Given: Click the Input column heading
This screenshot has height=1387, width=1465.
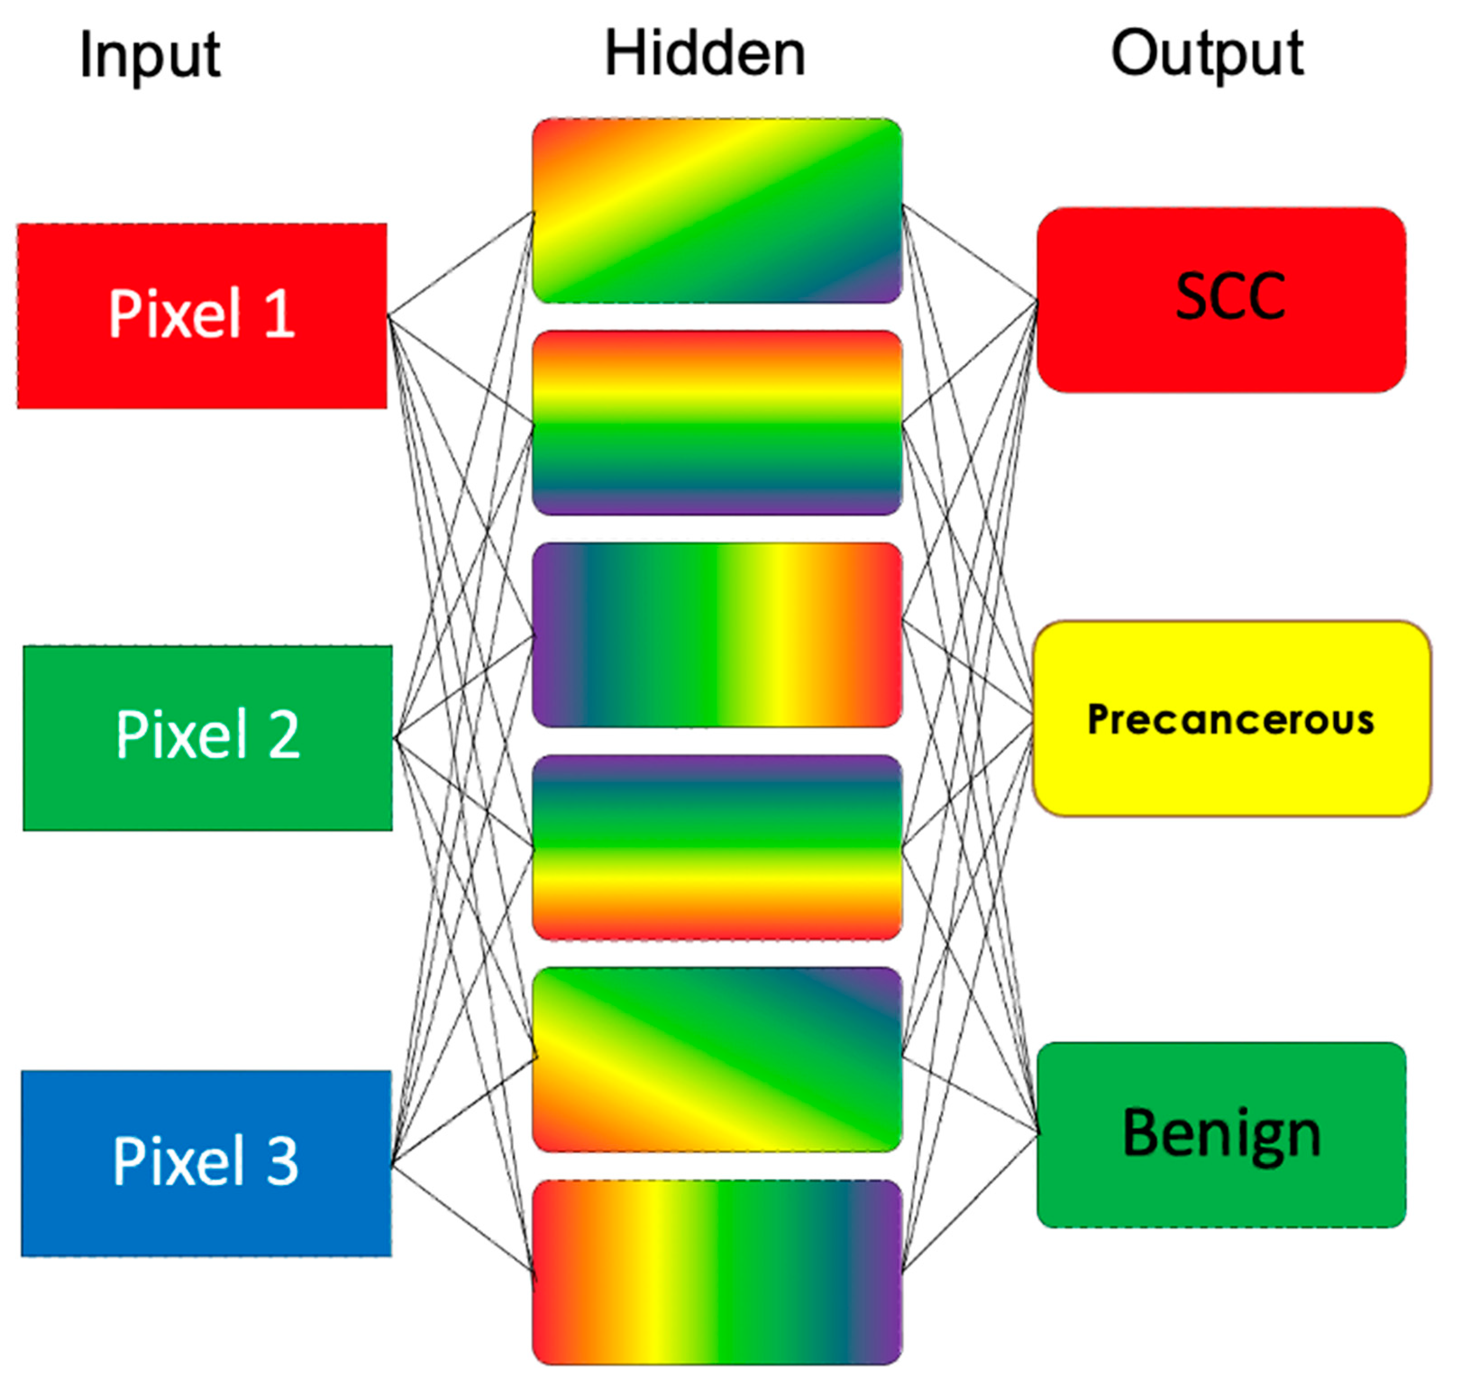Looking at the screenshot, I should pos(150,55).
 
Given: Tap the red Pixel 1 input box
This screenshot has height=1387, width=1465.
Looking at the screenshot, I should pos(202,316).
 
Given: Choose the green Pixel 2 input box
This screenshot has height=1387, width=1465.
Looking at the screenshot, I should pos(208,738).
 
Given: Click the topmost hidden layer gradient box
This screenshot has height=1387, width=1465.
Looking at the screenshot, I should pos(717,211).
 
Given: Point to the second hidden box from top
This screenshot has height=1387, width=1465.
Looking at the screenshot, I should pos(717,423).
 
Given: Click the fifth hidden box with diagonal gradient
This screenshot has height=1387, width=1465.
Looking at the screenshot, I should pos(717,1059).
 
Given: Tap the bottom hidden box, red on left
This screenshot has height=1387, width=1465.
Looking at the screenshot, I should pos(717,1272).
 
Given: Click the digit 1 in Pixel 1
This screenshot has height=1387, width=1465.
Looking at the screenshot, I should pos(280,314).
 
